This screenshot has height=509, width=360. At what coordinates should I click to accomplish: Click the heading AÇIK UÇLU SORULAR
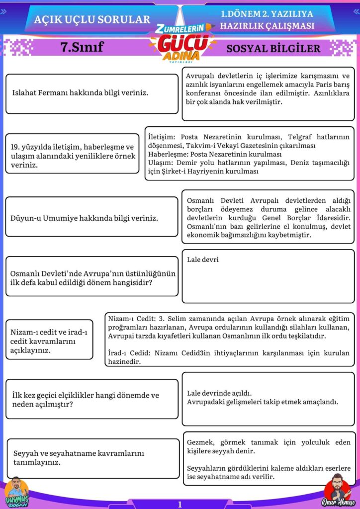coord(92,19)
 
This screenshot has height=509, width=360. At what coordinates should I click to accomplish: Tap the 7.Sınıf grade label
coord(82,47)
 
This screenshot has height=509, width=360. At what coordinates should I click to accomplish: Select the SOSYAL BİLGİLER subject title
coord(273,49)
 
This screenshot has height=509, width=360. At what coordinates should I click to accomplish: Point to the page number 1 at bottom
coord(180,504)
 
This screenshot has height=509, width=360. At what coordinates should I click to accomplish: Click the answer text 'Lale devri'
coord(203,259)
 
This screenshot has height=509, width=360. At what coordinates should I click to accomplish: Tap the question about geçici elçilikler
coord(86,400)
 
